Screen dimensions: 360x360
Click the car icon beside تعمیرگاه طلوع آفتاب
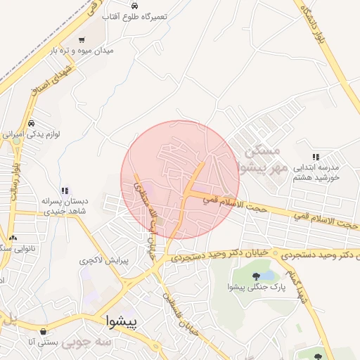point(134,6)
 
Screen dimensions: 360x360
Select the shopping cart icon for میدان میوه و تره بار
point(82,39)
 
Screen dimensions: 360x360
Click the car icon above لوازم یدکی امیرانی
point(32,123)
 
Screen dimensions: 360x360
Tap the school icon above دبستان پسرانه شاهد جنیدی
point(65,190)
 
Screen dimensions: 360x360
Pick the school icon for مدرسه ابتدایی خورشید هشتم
point(316,157)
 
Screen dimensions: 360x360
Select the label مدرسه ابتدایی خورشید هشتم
point(316,173)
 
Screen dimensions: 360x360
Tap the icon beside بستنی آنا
point(44,331)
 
